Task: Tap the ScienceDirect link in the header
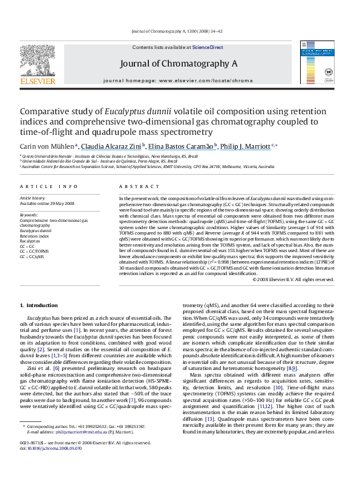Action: tap(208, 47)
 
